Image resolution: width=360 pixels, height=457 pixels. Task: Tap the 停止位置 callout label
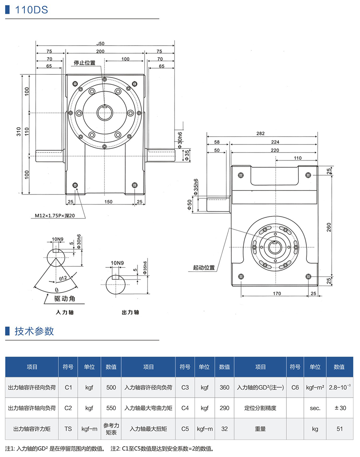point(84,63)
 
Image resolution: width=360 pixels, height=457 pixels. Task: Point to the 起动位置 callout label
point(204,267)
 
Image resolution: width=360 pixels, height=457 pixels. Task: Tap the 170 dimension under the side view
point(276,293)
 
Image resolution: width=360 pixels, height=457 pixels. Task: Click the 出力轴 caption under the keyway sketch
point(130,312)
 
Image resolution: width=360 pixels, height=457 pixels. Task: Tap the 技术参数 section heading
point(34,331)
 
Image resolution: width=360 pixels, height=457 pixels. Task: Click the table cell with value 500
point(111,387)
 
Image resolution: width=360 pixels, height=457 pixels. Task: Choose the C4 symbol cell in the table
point(185,408)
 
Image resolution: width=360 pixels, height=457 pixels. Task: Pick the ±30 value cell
point(340,408)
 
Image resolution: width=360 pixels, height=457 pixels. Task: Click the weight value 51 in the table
point(340,429)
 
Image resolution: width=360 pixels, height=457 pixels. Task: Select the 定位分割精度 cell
point(260,408)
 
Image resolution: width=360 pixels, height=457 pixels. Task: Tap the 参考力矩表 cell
point(111,429)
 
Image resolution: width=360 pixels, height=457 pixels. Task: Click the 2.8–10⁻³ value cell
point(340,387)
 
